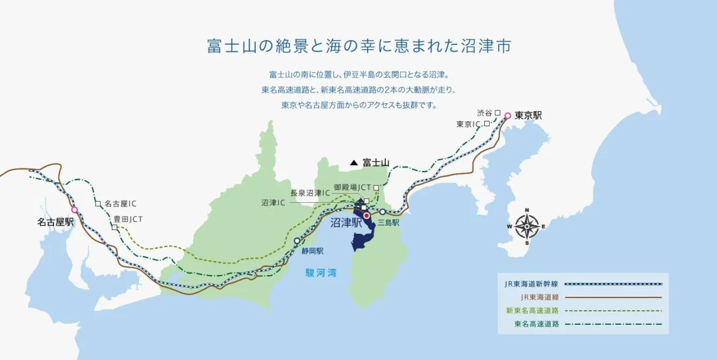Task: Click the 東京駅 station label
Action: click(528, 116)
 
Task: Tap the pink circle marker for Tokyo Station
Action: click(508, 116)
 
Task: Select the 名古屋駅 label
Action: click(55, 222)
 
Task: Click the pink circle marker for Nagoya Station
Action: click(75, 210)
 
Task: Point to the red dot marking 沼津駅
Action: click(367, 216)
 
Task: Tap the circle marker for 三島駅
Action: click(383, 212)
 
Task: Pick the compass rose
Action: click(527, 227)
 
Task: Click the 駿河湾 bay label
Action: click(321, 273)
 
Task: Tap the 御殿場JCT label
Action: click(352, 188)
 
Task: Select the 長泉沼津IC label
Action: click(310, 193)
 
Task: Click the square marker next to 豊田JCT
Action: click(115, 227)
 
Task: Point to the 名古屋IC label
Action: click(120, 204)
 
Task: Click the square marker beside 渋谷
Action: click(498, 113)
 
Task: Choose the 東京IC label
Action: click(469, 124)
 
